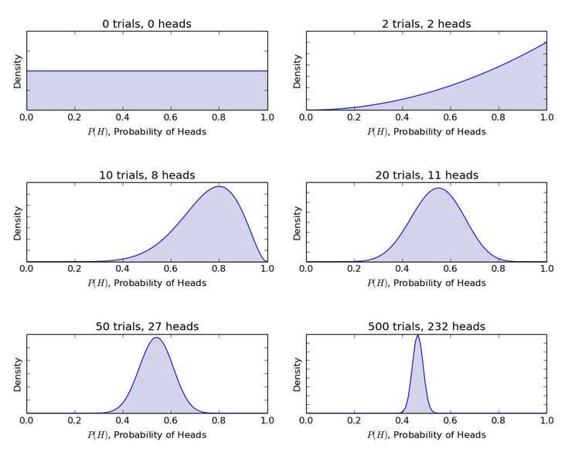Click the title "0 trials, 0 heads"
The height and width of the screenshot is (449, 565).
(x=147, y=24)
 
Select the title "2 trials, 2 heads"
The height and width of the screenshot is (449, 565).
(x=426, y=24)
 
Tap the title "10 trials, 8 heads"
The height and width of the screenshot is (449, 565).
(x=147, y=175)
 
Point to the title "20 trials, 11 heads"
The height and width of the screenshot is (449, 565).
(x=426, y=175)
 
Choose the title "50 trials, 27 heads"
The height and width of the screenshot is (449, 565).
(x=147, y=327)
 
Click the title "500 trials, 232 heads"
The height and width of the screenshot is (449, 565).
(x=426, y=327)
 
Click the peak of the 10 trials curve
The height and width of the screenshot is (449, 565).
(x=220, y=187)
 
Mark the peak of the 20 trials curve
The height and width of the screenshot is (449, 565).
(x=438, y=188)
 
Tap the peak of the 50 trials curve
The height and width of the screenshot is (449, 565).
(x=156, y=338)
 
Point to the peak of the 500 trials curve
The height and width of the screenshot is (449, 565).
(x=418, y=335)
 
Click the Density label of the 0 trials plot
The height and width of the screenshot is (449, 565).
(x=17, y=71)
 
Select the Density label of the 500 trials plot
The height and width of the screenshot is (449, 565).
(x=297, y=374)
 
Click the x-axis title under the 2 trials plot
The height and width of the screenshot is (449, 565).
(x=426, y=131)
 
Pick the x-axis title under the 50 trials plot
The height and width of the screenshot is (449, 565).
(x=147, y=434)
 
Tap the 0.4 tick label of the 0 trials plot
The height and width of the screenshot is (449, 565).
(x=123, y=117)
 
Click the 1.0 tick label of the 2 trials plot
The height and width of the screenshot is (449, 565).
(x=546, y=117)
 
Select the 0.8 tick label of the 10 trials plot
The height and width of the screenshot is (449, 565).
(x=220, y=269)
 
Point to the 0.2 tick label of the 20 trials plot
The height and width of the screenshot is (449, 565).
(x=355, y=269)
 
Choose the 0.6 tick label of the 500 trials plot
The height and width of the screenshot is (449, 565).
(x=451, y=420)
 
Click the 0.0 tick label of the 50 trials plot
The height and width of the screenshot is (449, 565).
(x=27, y=420)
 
